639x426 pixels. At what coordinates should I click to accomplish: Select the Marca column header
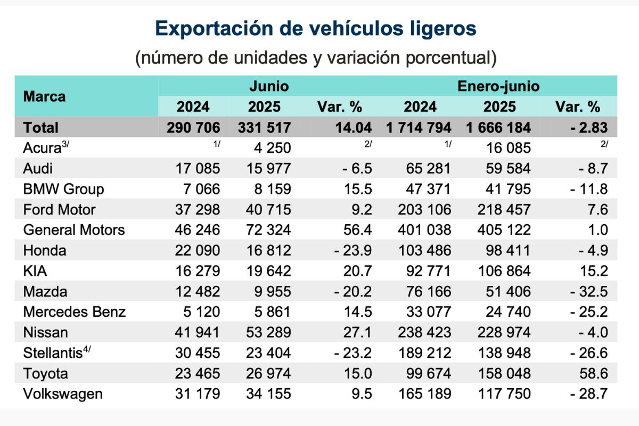click(x=45, y=96)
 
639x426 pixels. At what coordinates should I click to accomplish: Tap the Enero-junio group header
click(x=498, y=86)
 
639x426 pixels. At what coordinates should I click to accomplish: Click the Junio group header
click(x=269, y=86)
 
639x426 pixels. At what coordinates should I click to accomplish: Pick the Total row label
click(x=41, y=128)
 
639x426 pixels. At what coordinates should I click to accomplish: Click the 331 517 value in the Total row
click(x=264, y=128)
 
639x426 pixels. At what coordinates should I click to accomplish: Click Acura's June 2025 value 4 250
click(x=271, y=148)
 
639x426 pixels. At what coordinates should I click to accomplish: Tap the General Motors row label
click(x=74, y=230)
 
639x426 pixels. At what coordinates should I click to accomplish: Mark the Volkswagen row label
click(x=63, y=395)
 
